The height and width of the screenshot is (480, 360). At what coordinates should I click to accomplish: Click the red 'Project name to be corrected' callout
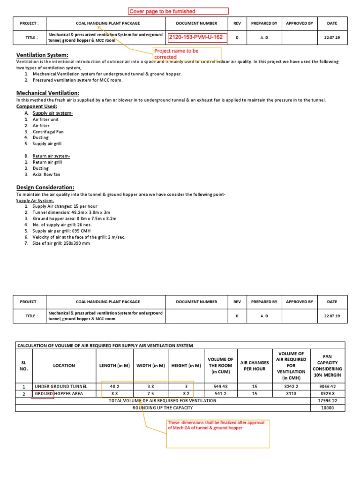coord(176,53)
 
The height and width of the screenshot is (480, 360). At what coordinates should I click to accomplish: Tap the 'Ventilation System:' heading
coord(42,55)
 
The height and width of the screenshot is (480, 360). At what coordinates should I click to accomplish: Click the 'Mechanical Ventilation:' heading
coord(48,93)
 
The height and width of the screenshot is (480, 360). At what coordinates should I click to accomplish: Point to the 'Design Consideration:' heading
coord(45,187)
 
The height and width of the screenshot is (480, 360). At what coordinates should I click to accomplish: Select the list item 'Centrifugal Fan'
coord(48,132)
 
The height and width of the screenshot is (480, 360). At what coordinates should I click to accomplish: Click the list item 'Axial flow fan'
coord(46,174)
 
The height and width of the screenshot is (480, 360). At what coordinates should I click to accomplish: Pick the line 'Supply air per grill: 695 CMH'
coord(61,231)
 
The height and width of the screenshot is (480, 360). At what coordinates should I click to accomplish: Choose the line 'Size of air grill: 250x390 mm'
coord(62,243)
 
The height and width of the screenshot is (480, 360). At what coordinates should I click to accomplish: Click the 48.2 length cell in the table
coord(114,387)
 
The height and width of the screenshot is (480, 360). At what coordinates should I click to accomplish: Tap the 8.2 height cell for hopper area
coord(186,394)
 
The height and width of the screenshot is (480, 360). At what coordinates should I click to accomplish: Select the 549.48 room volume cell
coord(220,387)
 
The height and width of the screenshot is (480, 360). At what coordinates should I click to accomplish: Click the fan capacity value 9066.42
coord(327,387)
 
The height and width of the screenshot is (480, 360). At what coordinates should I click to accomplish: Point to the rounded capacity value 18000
coord(327,408)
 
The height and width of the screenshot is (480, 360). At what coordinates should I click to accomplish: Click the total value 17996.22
coord(327,401)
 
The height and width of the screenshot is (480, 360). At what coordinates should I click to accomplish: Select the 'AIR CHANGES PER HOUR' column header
coord(255,366)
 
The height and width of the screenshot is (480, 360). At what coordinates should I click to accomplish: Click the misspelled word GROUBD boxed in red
coord(43,394)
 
